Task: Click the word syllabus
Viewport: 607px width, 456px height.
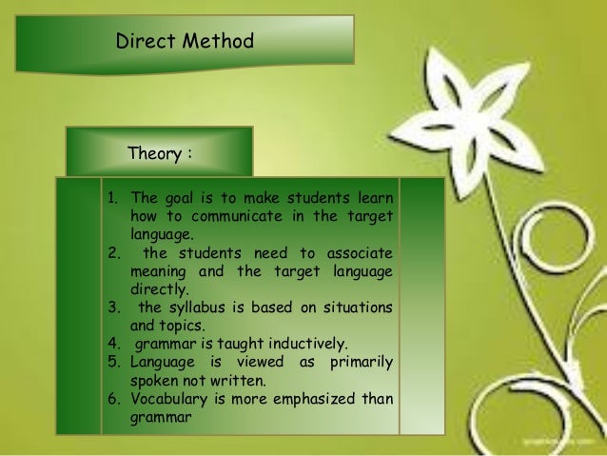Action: tap(199, 307)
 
